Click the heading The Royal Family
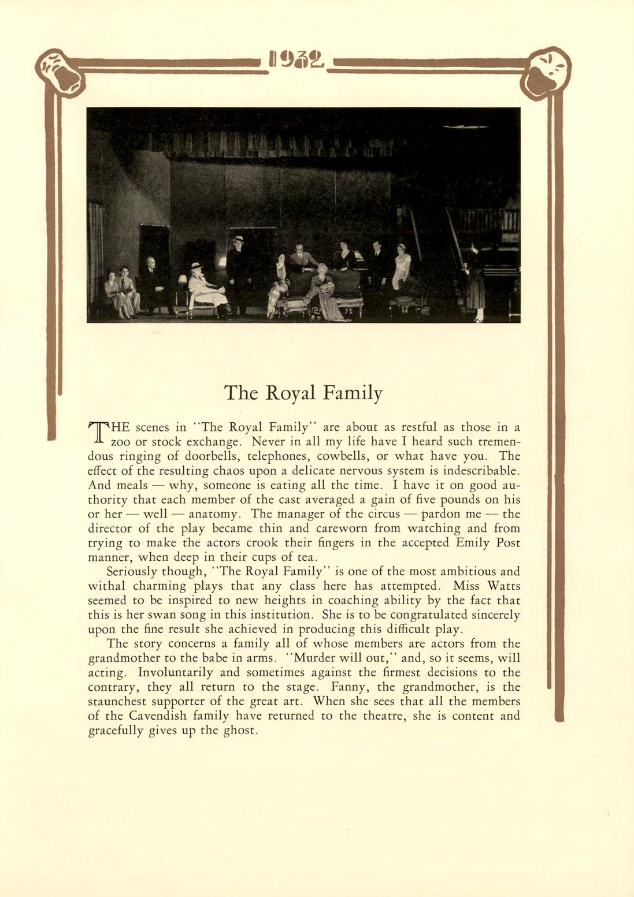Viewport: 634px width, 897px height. [x=303, y=393]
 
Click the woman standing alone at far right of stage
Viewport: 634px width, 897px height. [x=475, y=283]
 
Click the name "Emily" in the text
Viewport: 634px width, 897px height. [x=473, y=543]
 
